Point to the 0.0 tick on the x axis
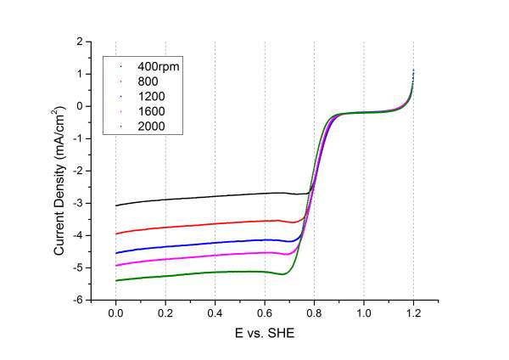tap(115, 312)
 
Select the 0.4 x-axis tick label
tap(215, 312)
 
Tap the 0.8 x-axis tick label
tap(314, 312)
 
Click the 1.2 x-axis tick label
tap(413, 312)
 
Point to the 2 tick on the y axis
tap(78, 42)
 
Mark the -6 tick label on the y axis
tap(76, 300)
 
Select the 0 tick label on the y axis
tap(78, 106)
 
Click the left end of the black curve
tap(116, 205)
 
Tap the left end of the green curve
tap(116, 280)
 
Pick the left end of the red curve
tap(116, 233)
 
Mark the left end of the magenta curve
tap(116, 266)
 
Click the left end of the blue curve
tap(116, 253)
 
